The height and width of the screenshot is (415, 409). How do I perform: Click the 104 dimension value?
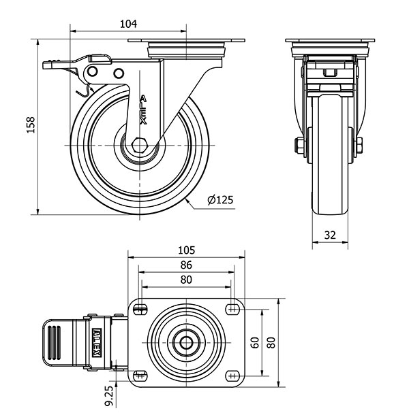click(x=128, y=24)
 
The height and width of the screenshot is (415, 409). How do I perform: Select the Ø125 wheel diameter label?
click(x=220, y=199)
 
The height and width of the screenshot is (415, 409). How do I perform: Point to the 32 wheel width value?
click(x=330, y=235)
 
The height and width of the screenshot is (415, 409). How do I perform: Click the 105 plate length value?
click(x=186, y=250)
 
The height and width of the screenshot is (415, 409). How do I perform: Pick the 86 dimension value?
click(x=186, y=265)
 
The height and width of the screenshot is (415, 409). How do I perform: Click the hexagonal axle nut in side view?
click(x=140, y=146)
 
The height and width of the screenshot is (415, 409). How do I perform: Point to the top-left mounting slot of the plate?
click(x=141, y=310)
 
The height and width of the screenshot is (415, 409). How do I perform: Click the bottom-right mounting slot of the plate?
click(x=232, y=375)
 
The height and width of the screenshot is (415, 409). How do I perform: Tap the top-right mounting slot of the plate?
click(x=232, y=310)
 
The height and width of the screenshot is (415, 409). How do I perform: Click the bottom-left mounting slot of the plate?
click(x=141, y=375)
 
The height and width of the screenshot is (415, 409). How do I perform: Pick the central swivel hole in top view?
click(x=186, y=342)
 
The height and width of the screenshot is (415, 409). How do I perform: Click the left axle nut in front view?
click(x=299, y=145)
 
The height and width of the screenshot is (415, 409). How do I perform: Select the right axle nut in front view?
click(x=359, y=145)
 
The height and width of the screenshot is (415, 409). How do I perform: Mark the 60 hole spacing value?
click(x=255, y=342)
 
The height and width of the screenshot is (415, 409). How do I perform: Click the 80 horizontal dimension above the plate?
click(x=186, y=280)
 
